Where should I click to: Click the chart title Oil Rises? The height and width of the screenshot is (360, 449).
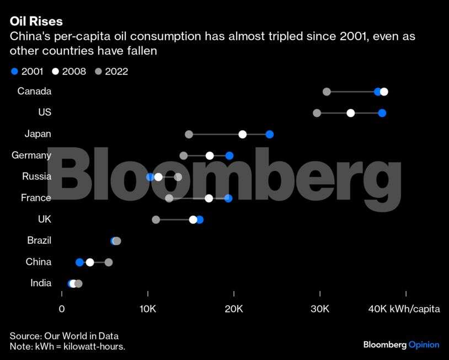(36, 22)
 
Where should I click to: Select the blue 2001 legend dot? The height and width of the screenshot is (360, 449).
(14, 71)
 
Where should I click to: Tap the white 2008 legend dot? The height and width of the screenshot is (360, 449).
(55, 71)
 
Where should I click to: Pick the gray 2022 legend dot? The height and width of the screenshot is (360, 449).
(98, 71)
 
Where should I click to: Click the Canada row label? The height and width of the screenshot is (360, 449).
(34, 91)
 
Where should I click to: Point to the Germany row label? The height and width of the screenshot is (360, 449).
(31, 155)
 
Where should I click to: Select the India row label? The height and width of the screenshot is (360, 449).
(41, 283)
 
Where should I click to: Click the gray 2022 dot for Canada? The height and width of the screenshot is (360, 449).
(327, 92)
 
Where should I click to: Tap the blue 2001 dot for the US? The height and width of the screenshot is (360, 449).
(382, 113)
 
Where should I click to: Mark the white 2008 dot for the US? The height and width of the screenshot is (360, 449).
(351, 113)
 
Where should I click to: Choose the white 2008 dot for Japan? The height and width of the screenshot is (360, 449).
(243, 135)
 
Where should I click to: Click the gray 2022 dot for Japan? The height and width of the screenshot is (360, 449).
(189, 135)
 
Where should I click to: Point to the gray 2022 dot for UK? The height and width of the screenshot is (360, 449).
(156, 219)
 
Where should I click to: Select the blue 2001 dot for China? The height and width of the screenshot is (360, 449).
(79, 262)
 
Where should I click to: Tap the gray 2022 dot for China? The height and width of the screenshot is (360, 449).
(109, 262)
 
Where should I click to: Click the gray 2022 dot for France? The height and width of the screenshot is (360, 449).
(169, 198)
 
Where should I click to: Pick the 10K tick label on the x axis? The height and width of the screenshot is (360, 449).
(148, 309)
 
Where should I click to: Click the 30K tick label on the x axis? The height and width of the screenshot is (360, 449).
(320, 309)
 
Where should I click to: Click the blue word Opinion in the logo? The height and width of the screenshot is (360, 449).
(424, 345)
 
